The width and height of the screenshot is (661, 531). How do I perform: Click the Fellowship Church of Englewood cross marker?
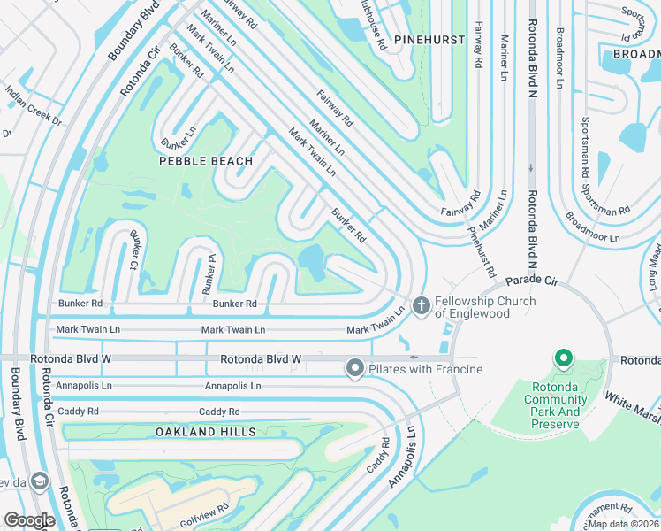coord(422,306)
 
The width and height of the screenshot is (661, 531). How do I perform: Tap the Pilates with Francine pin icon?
coord(355,367)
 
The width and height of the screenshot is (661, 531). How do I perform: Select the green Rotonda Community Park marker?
coord(563,358)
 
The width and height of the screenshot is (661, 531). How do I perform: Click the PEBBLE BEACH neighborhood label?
coord(206,161)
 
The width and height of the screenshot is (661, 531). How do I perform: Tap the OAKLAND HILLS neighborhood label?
coord(206,432)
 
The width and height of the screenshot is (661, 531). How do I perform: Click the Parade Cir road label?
coord(535,281)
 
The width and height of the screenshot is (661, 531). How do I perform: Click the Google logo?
coord(29,520)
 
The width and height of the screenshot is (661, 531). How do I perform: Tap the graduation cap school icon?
coord(38,481)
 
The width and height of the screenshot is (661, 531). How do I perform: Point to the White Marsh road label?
coord(633,404)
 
